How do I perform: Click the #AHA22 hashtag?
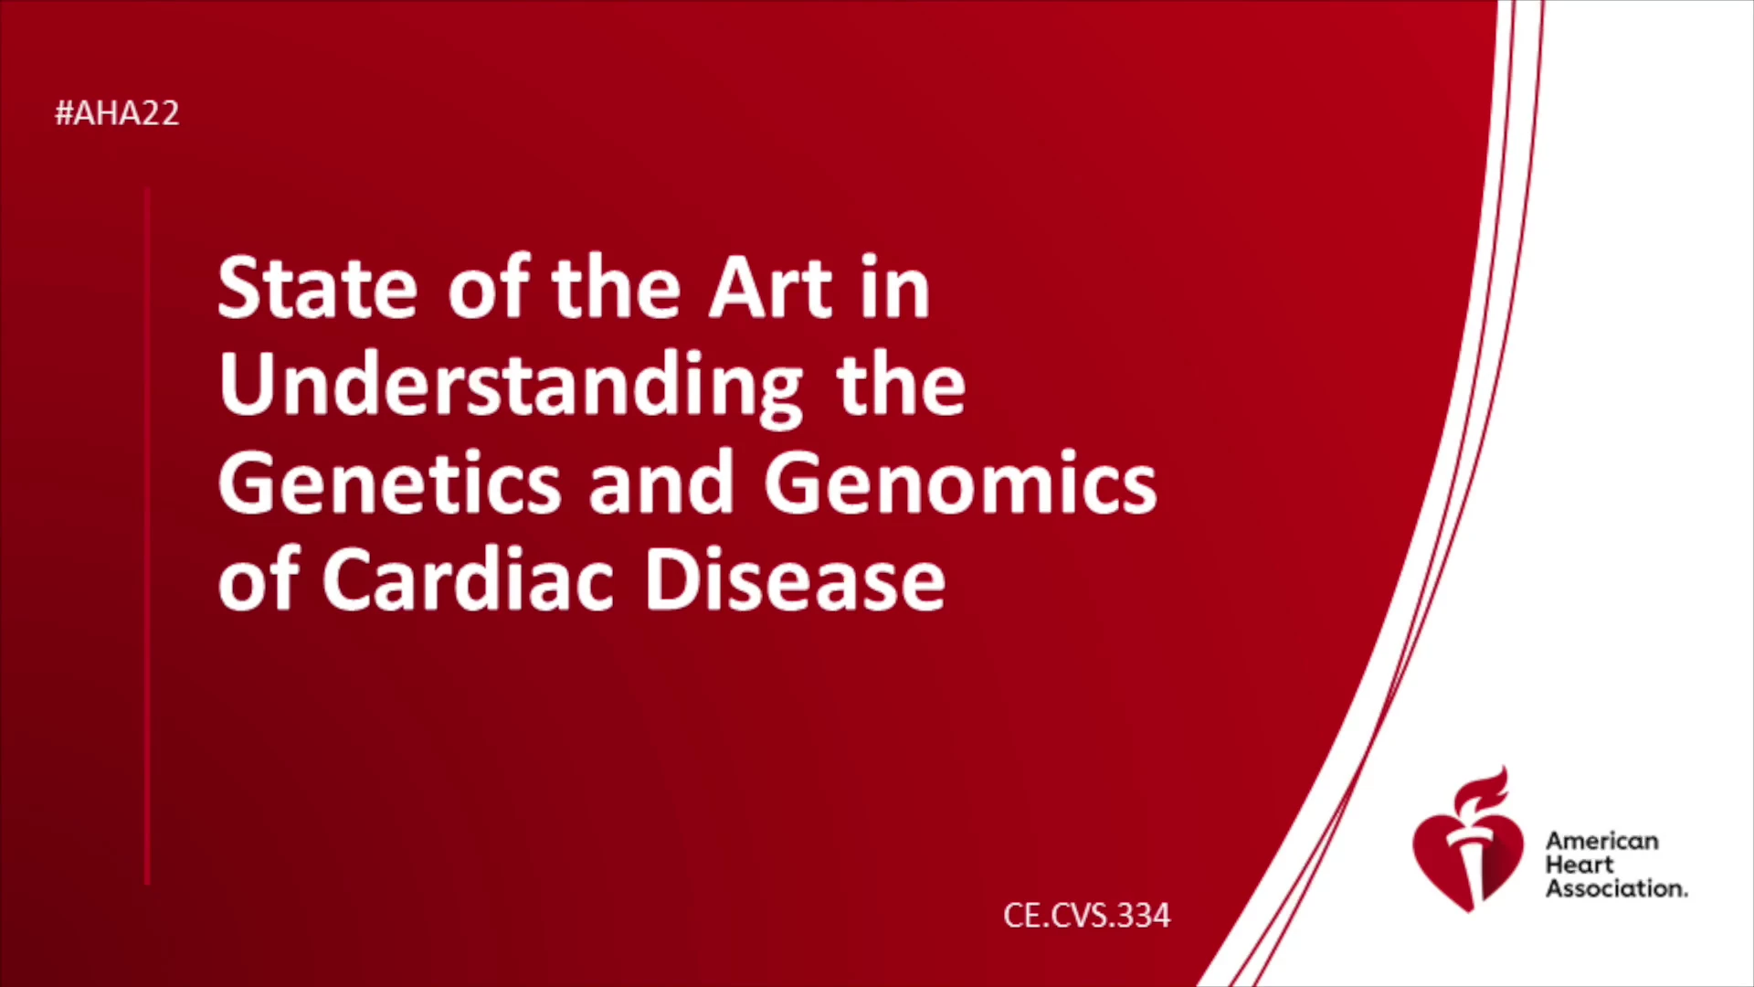(117, 113)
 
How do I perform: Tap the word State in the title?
(318, 288)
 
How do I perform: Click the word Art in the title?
(771, 288)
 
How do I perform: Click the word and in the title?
(662, 483)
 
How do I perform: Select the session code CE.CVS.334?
(1086, 916)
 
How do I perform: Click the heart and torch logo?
(1468, 840)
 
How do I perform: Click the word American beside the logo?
(1602, 841)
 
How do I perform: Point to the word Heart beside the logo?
(1580, 865)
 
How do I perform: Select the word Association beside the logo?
(1616, 888)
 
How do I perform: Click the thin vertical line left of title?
(146, 536)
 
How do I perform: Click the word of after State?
(489, 288)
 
